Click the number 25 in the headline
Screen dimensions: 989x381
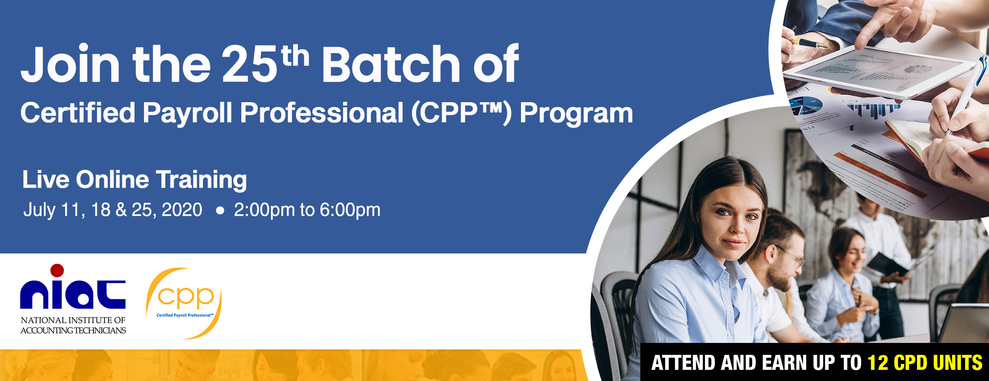[250, 63]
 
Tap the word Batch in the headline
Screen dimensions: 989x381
[391, 63]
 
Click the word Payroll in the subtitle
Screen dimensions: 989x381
[188, 113]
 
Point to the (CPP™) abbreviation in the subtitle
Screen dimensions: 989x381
[461, 113]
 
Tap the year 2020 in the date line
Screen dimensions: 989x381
[182, 210]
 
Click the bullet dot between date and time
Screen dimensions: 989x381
[220, 211]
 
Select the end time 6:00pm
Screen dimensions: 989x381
[350, 210]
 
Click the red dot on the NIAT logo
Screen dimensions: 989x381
[57, 270]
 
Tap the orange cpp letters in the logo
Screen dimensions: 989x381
[186, 297]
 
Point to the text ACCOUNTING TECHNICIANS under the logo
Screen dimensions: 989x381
[73, 330]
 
